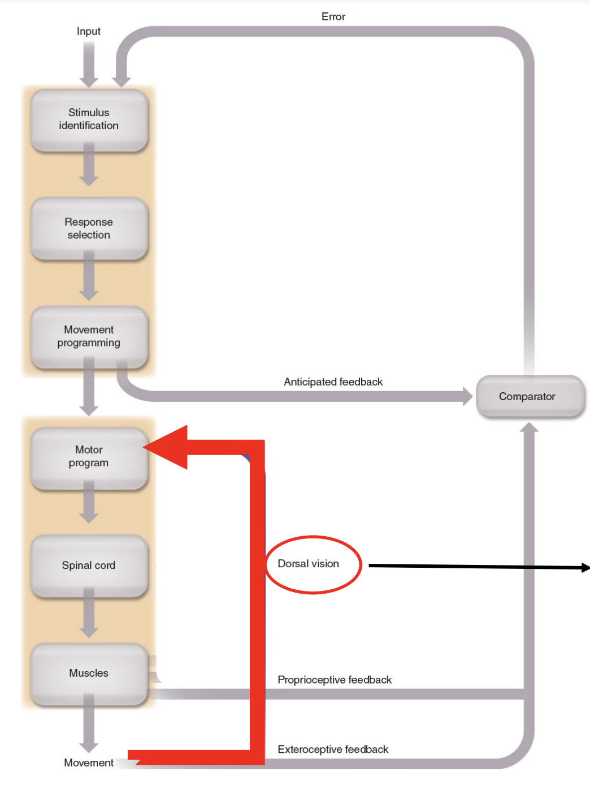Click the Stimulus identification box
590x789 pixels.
(x=89, y=119)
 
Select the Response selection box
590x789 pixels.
(x=89, y=229)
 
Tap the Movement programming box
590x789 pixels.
(x=89, y=336)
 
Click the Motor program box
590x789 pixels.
(x=89, y=457)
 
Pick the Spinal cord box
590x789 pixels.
(x=89, y=566)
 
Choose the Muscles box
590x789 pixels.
(x=89, y=673)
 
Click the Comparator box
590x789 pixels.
(x=527, y=397)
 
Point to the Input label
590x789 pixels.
(x=89, y=32)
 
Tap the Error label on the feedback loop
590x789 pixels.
(x=333, y=17)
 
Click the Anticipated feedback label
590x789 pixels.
(x=333, y=382)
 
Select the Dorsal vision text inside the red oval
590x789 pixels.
(x=309, y=564)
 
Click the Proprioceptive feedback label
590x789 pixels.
(x=335, y=680)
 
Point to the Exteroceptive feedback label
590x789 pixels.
(x=333, y=749)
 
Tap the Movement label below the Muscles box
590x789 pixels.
(x=89, y=763)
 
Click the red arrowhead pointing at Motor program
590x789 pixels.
(x=167, y=447)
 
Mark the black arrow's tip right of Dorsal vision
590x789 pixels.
(x=587, y=568)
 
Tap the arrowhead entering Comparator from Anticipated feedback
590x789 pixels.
(x=467, y=396)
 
